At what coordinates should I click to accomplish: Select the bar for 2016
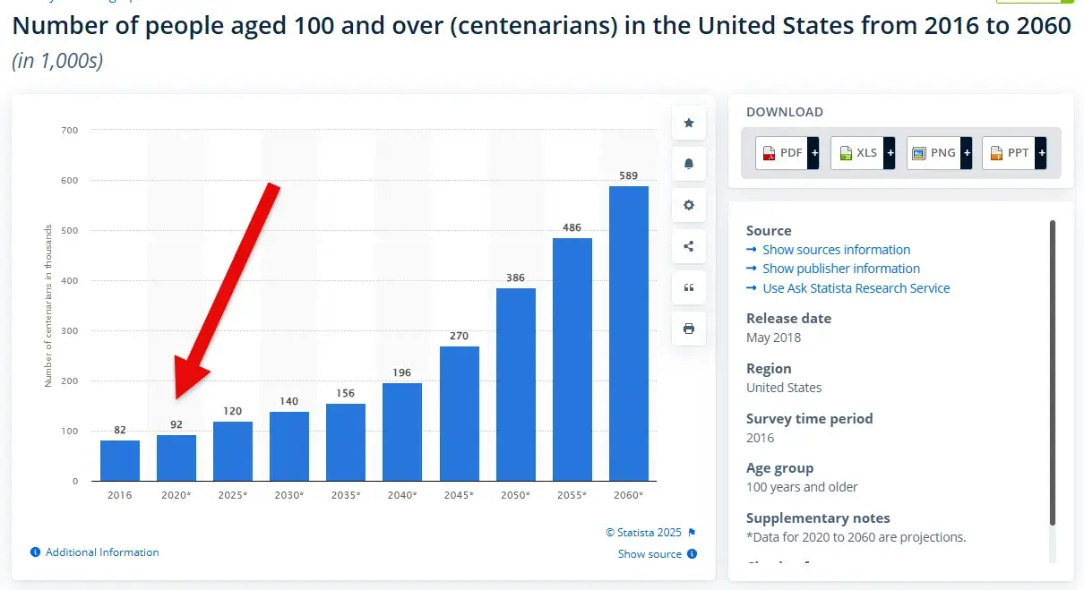point(120,460)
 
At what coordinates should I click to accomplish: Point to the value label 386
point(515,278)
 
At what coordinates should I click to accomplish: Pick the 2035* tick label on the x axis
point(346,495)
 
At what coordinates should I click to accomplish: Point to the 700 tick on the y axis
point(69,131)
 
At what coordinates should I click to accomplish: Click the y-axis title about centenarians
point(48,305)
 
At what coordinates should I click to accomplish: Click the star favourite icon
point(688,123)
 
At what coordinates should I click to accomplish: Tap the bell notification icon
point(688,164)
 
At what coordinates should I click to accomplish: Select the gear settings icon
point(688,205)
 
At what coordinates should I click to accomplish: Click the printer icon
point(688,329)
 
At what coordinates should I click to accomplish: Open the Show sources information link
point(836,250)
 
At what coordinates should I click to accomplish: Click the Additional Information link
point(102,552)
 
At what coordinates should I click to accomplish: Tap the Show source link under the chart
point(650,554)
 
